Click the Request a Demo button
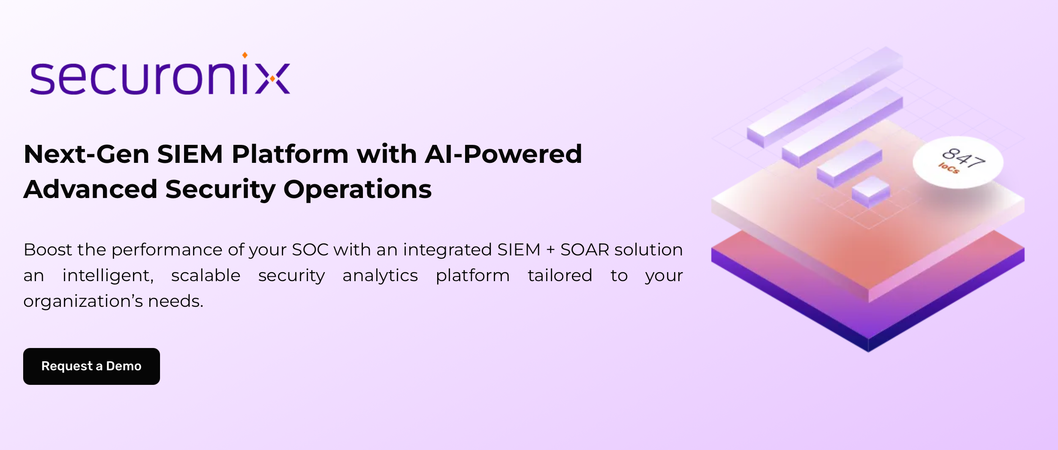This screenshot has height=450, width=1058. (x=91, y=366)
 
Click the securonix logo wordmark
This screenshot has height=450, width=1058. (x=160, y=78)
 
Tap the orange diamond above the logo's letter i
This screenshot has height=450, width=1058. (x=245, y=55)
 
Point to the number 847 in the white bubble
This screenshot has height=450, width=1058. (x=963, y=157)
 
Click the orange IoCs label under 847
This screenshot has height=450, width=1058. (x=949, y=168)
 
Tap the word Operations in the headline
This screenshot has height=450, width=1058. (x=357, y=189)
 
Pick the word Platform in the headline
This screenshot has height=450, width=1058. (x=290, y=154)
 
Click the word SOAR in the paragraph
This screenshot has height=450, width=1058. (x=584, y=250)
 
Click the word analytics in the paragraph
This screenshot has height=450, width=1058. (x=380, y=276)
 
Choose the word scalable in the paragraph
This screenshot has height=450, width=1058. (x=206, y=276)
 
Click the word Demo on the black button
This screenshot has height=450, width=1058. (x=124, y=366)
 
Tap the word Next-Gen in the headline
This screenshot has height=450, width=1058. (x=86, y=154)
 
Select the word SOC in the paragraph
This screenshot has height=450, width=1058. (x=310, y=250)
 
